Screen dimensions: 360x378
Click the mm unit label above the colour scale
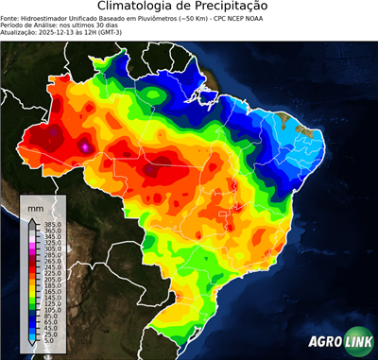35,206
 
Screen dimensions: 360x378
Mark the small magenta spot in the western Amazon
86,146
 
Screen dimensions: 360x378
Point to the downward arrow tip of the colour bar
31,345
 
